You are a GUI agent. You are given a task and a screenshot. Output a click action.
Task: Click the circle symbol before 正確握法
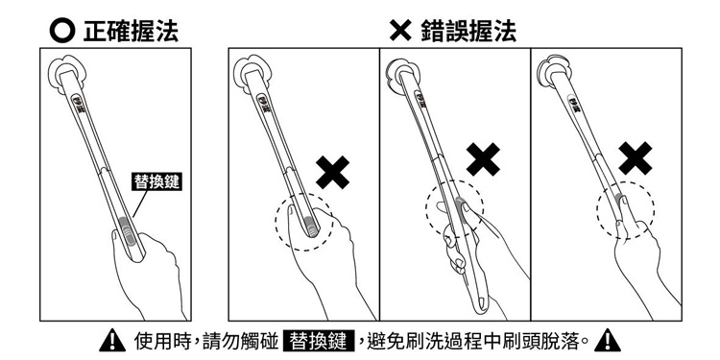tap(61, 32)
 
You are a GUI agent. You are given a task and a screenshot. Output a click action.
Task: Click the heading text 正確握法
tap(131, 32)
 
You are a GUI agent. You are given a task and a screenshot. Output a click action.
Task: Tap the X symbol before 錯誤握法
tap(400, 32)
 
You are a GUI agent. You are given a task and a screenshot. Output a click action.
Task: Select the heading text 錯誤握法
tap(468, 32)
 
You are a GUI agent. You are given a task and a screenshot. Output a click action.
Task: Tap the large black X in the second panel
tap(333, 172)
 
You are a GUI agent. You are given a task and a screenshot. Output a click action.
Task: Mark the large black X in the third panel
tap(484, 159)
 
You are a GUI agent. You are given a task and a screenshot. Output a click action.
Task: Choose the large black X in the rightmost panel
tap(636, 158)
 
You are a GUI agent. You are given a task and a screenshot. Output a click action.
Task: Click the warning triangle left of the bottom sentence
tap(112, 341)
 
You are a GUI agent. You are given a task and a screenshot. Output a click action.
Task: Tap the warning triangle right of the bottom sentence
tap(607, 341)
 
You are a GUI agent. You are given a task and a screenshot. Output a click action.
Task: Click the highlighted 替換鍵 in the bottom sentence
tap(320, 341)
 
